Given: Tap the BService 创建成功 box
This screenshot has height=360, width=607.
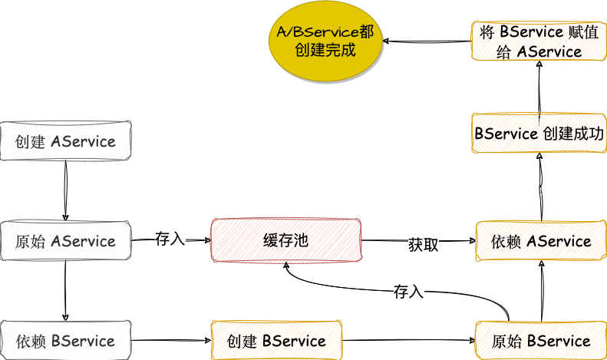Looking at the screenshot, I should [x=540, y=134].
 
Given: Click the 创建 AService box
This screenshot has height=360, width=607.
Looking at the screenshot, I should [x=66, y=141].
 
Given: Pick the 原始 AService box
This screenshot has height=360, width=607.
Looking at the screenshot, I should [x=66, y=241].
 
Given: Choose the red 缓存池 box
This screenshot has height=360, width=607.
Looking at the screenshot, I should [x=285, y=241].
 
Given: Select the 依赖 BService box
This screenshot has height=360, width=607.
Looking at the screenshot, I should [x=66, y=340].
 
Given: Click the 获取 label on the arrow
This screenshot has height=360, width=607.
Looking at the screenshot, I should [x=424, y=245].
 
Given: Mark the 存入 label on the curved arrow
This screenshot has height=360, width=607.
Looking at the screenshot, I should [x=408, y=292].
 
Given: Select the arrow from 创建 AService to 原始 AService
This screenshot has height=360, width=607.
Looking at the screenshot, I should [x=65, y=190].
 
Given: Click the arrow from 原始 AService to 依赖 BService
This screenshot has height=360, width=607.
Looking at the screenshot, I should [x=65, y=290].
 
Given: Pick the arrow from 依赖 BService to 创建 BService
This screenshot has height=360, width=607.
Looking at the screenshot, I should [x=170, y=340].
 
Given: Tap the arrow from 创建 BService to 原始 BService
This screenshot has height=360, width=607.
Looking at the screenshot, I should [x=407, y=340].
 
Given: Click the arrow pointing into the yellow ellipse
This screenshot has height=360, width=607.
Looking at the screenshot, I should [x=427, y=41].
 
